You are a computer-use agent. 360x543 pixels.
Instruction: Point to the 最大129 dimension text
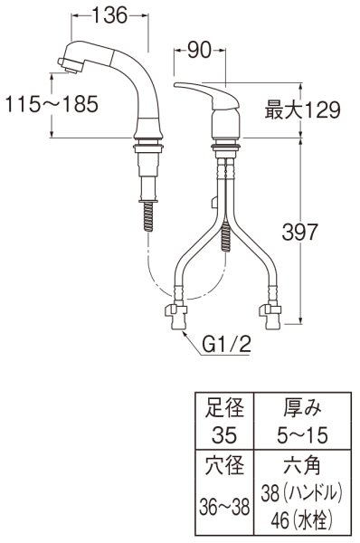pyautogui.click(x=302, y=111)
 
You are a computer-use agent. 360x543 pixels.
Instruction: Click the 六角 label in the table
pyautogui.click(x=300, y=467)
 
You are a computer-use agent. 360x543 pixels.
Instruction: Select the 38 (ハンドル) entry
pyautogui.click(x=300, y=494)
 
